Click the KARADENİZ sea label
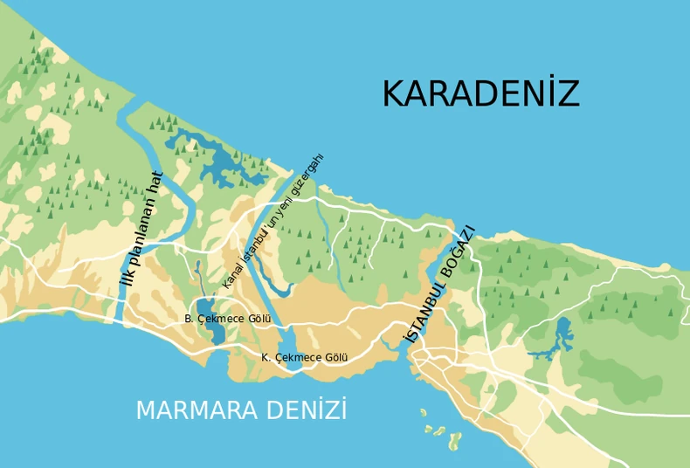[x=480, y=94]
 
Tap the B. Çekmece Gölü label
[x=227, y=319]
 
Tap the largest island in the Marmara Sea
[x=454, y=442]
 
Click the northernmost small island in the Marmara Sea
[x=423, y=412]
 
